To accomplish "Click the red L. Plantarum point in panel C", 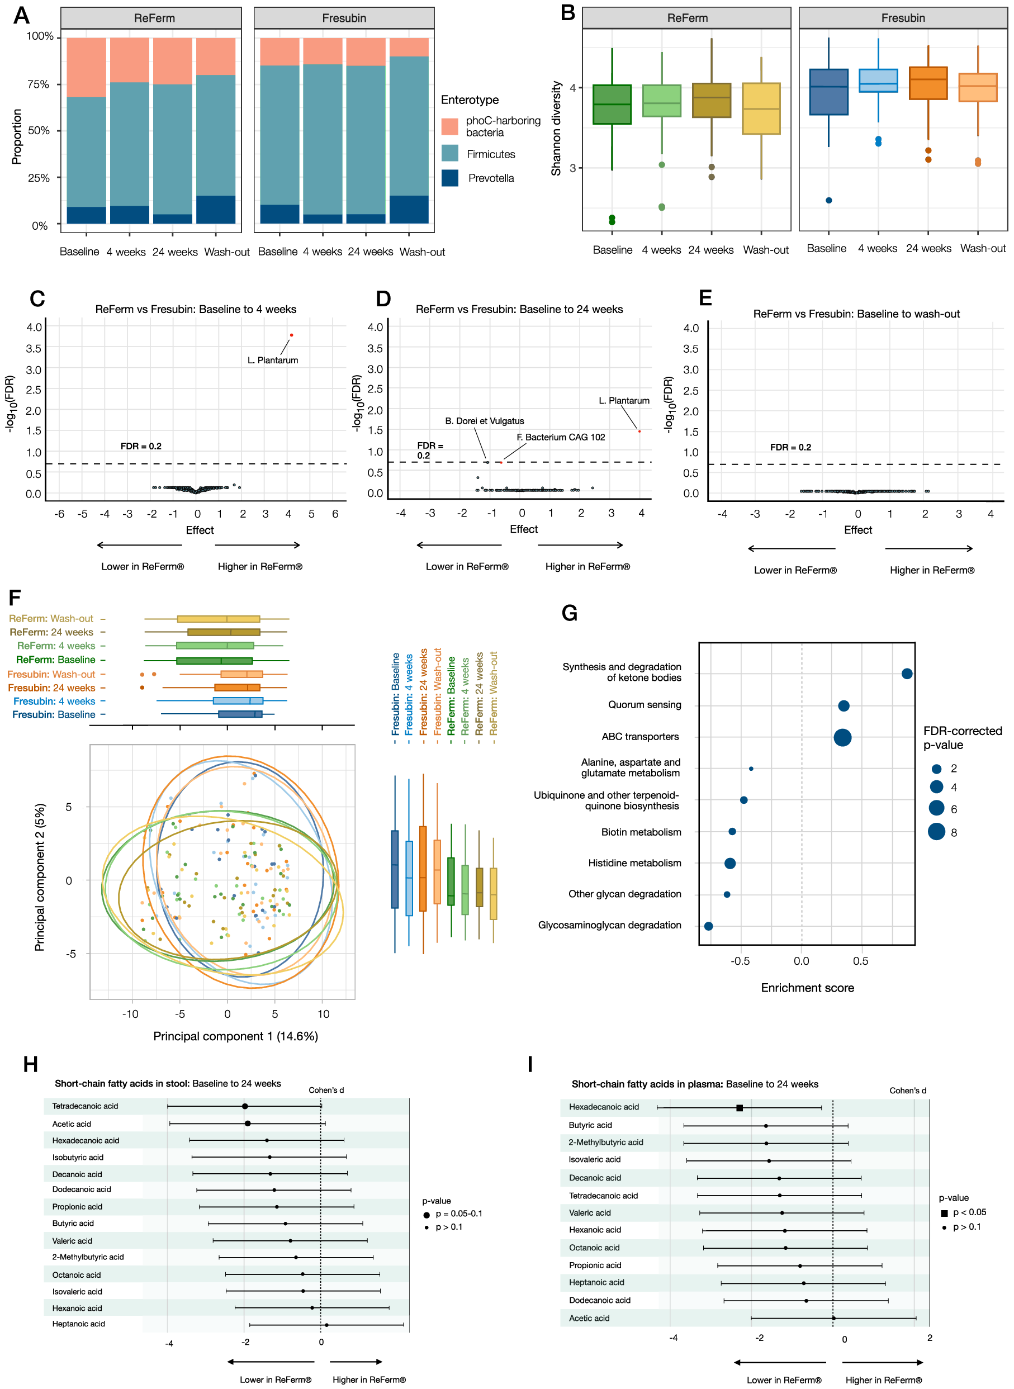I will point(292,335).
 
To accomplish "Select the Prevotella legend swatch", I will point(450,178).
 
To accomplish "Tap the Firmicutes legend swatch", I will point(450,154).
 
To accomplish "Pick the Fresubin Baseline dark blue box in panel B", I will point(828,92).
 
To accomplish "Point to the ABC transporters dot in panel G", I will point(842,737).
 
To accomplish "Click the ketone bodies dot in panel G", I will point(907,674).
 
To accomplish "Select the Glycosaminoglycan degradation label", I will point(609,925).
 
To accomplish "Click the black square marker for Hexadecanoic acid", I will point(740,1108).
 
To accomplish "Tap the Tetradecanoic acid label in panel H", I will point(85,1106).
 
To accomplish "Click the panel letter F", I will point(15,598).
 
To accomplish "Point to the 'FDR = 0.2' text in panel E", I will point(790,448).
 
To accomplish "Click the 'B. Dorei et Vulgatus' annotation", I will point(484,421).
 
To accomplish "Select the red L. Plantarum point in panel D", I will point(639,432).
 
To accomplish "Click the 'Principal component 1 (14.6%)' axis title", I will point(235,1036).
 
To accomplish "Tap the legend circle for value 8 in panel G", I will point(936,832).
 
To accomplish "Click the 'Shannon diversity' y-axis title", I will point(556,129).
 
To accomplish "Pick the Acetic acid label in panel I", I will point(589,1318).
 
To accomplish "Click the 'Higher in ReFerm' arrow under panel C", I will point(257,545).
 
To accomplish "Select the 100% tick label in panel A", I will point(40,37).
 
